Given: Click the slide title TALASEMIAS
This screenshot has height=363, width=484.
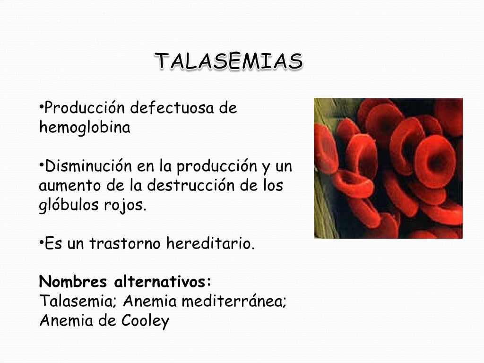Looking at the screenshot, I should pos(229,62).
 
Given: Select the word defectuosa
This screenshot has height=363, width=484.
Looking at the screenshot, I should pos(173,109).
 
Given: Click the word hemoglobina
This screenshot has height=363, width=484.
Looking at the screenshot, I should pos(84,128).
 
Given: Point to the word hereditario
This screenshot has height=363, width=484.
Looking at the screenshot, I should pos(211,244).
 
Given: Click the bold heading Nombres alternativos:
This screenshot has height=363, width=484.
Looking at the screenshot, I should pos(125,282).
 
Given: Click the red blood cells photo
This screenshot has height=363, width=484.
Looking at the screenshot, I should pos(388,168).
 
